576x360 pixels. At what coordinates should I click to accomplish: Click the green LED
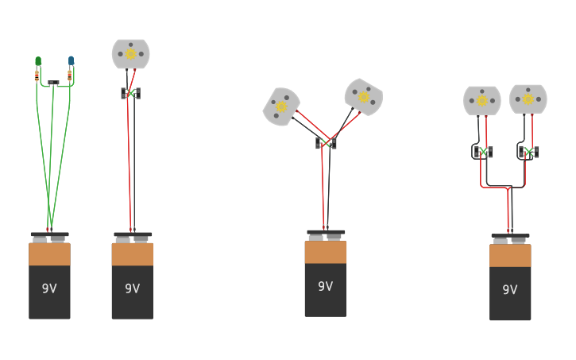coord(37,61)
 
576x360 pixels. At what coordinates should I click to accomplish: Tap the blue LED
coord(71,60)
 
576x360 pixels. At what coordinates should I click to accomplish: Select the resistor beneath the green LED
coord(37,75)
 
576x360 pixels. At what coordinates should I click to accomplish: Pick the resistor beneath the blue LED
coord(70,75)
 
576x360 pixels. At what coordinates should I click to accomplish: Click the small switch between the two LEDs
coord(53,83)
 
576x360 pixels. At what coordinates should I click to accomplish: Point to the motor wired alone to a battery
coord(130,54)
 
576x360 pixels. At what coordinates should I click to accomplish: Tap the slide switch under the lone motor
coord(131,94)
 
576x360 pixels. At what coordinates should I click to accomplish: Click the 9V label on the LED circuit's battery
coord(49,288)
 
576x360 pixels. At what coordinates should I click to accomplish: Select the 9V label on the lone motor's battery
coord(132,288)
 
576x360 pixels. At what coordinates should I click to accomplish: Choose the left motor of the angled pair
coord(281,106)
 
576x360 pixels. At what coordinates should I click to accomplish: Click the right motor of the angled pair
coord(363,97)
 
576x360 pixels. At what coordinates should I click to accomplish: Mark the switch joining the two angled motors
coord(326,144)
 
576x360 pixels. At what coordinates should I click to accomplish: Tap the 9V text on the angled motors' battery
coord(325,286)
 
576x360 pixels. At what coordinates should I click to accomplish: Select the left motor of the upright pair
coord(481,101)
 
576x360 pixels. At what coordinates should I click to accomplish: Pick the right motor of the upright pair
coord(528,99)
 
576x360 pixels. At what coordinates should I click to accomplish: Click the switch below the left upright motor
coord(483,151)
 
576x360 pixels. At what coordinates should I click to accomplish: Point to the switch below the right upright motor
coord(528,151)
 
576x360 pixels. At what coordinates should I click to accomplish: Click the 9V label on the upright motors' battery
coord(509,290)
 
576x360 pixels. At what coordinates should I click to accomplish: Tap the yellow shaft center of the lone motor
coord(130,54)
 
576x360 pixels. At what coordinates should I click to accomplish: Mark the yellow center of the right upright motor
coord(528,99)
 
